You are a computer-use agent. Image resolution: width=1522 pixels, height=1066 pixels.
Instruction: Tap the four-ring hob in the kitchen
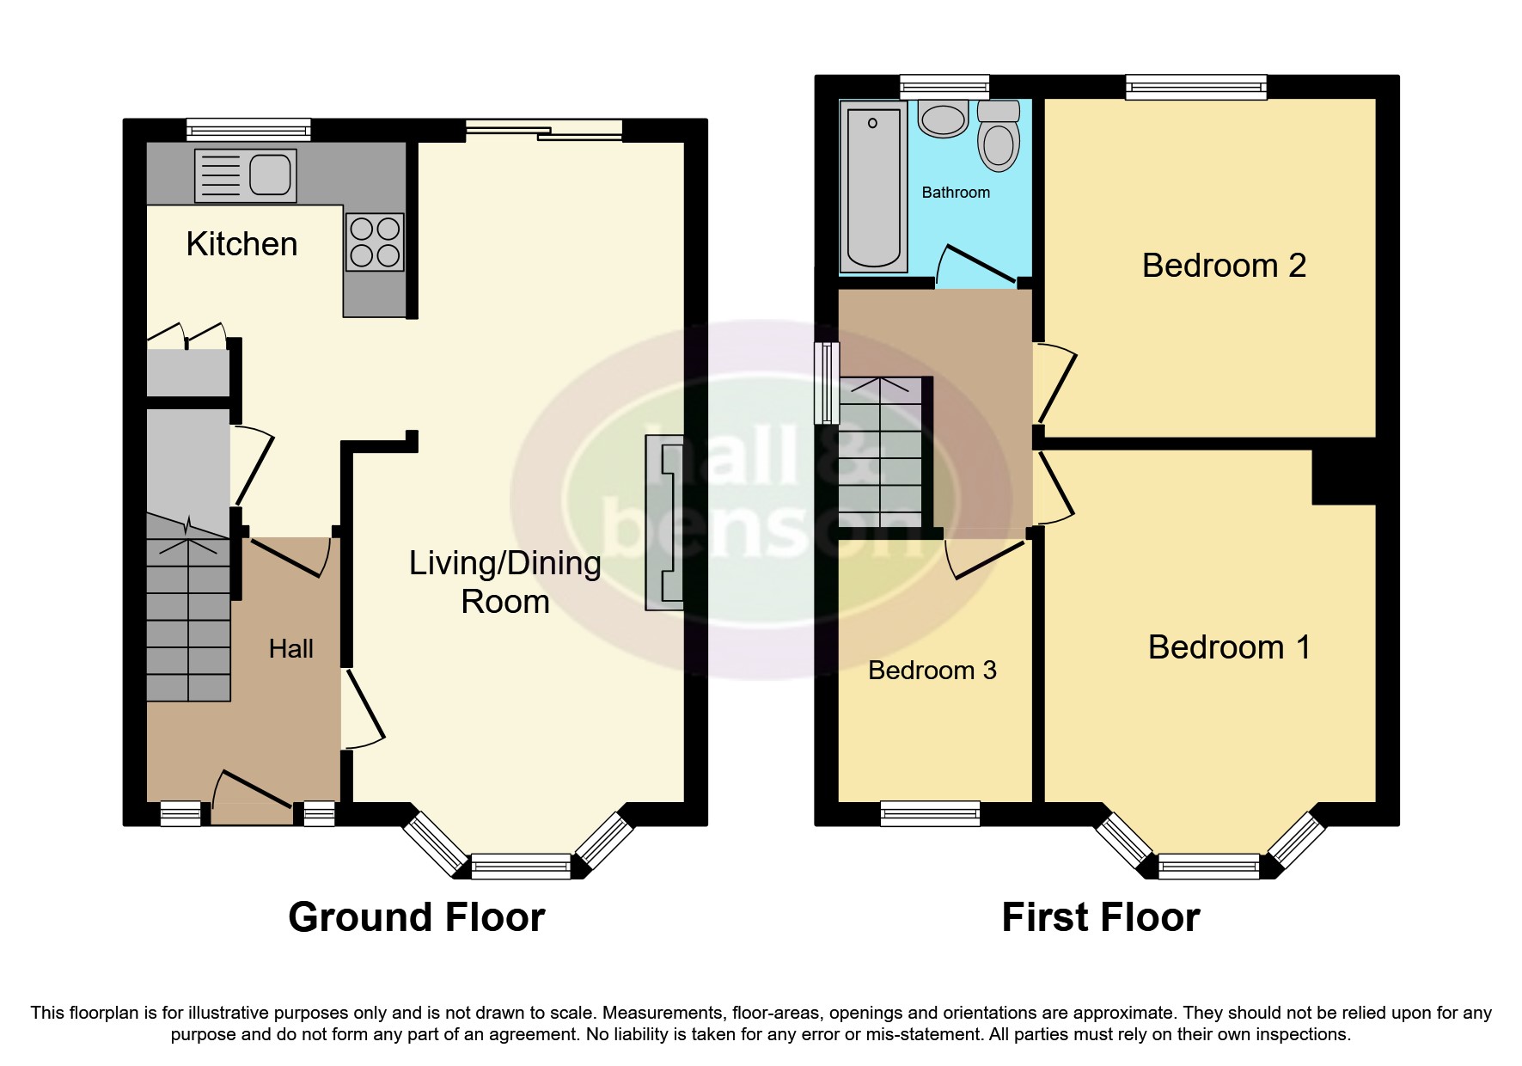pos(376,242)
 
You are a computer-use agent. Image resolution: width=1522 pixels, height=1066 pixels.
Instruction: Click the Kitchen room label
pos(241,244)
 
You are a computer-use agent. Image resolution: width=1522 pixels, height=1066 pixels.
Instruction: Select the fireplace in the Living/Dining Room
pos(664,523)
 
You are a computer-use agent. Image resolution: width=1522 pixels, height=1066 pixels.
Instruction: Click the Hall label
pos(290,649)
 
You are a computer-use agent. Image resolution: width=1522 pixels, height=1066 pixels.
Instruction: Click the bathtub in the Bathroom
pos(874,185)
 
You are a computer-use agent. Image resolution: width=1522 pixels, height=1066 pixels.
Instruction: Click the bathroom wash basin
pos(943,119)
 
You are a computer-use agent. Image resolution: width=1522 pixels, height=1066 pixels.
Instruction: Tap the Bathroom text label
pos(956,193)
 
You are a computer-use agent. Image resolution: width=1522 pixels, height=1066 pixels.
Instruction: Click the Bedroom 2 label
pos(1224,266)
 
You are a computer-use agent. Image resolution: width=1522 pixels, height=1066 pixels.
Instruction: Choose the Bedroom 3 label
pos(932,671)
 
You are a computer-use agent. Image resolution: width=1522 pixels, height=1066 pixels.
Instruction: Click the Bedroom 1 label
pos(1229,647)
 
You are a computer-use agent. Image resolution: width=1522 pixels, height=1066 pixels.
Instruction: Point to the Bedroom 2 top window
pos(1196,86)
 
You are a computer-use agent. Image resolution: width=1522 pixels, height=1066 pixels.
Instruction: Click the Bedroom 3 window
pos(930,813)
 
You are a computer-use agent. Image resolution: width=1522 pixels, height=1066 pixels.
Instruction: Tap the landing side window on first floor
pos(826,383)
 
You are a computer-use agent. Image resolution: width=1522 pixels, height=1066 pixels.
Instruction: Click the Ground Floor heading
pos(416,917)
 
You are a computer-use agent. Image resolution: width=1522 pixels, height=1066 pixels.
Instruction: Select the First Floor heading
pos(1100,917)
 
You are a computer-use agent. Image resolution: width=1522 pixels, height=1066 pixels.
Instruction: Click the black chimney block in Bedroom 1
pos(1343,478)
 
